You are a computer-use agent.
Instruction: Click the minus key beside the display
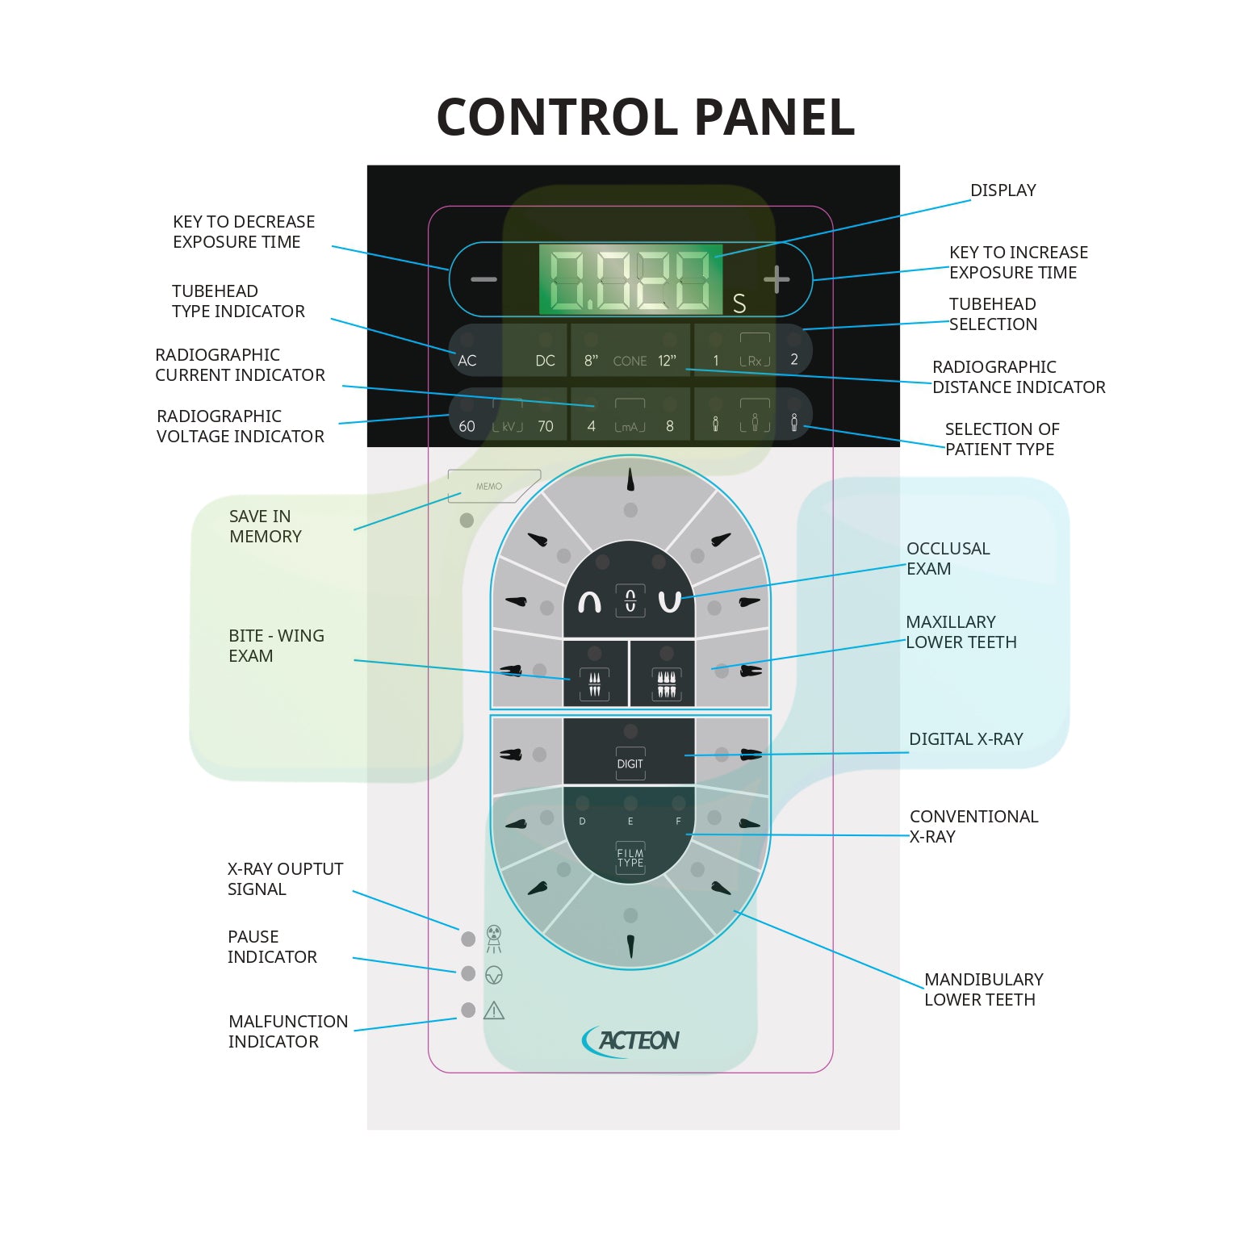point(483,279)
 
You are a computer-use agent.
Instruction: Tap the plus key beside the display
point(777,279)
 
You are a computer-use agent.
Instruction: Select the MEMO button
point(489,487)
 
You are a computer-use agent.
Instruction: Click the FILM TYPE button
point(630,858)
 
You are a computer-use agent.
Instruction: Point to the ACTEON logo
point(631,1040)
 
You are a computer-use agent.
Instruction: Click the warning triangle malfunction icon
point(494,1010)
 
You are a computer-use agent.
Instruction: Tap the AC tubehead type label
point(467,361)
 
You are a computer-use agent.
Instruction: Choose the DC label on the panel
point(546,361)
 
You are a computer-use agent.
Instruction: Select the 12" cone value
point(668,361)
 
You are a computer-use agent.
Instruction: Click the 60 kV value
point(467,426)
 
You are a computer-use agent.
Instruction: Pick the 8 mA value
point(669,426)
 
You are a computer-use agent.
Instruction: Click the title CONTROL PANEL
point(645,118)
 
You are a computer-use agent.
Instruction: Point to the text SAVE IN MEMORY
point(265,526)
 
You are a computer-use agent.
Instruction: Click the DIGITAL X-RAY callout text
point(965,739)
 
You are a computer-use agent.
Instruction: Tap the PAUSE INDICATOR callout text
point(272,947)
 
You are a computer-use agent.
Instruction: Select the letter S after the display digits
point(739,303)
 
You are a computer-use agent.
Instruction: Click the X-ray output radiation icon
point(494,939)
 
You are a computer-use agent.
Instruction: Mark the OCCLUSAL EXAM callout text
point(948,558)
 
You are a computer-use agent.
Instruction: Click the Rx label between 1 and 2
point(755,361)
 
